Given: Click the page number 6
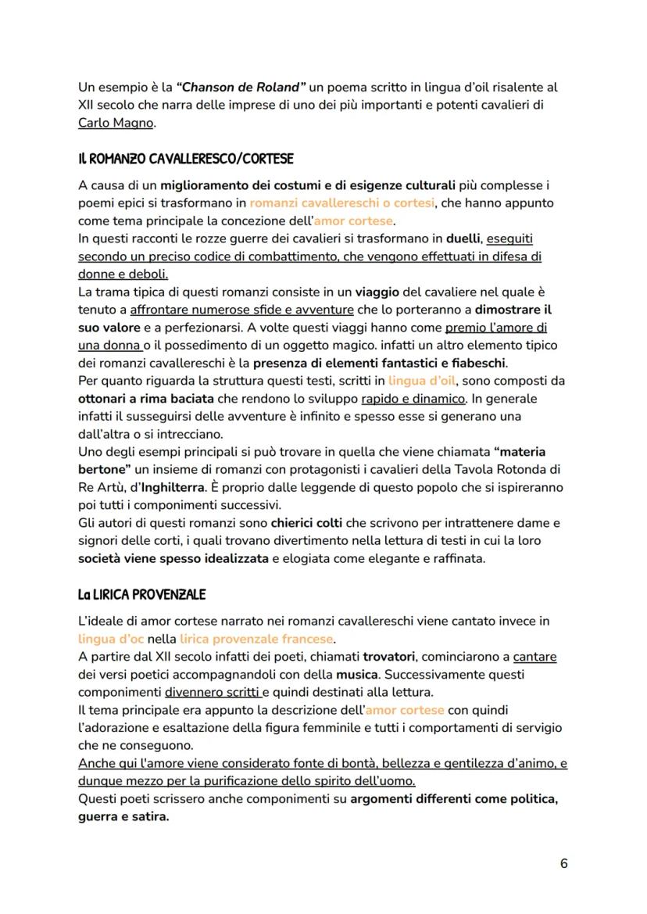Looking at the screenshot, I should pyautogui.click(x=564, y=863).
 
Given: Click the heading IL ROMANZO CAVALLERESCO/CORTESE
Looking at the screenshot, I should pyautogui.click(x=185, y=159).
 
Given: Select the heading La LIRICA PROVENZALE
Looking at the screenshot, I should pyautogui.click(x=141, y=594).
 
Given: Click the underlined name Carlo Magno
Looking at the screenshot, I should pyautogui.click(x=116, y=123).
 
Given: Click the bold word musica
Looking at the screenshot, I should pyautogui.click(x=356, y=674).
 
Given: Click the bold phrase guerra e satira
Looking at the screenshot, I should pyautogui.click(x=123, y=816).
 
